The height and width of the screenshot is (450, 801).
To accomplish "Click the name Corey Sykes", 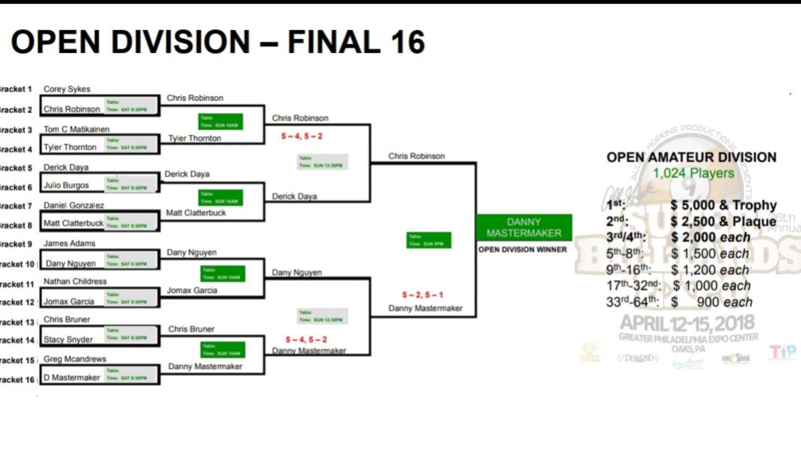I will [x=67, y=89].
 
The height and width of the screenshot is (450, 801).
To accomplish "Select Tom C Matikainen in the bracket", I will [x=75, y=128].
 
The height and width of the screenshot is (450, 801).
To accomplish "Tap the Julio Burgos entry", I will [x=67, y=185].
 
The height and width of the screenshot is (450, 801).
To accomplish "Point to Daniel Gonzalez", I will [x=74, y=204].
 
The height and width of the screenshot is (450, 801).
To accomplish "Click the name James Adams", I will [x=69, y=243].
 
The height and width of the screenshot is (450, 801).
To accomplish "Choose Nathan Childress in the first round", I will [x=75, y=281].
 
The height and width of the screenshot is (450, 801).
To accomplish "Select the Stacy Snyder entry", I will [x=68, y=340].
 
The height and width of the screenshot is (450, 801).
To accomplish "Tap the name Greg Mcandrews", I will [x=75, y=359].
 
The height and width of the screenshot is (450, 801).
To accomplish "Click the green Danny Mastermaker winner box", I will [x=524, y=228].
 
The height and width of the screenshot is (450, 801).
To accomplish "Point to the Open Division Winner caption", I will [x=524, y=249].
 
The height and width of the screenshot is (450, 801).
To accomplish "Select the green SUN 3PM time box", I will [x=429, y=240].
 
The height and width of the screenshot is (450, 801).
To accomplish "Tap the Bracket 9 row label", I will [x=16, y=244].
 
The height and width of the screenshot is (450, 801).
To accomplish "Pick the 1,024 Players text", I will [x=693, y=173].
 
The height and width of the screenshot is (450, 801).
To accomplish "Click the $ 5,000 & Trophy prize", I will [x=723, y=205].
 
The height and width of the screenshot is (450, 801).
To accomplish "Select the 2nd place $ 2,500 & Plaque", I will [x=723, y=222].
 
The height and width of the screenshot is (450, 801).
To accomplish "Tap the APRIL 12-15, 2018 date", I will [x=687, y=323].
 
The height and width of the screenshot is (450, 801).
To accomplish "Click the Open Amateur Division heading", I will [x=691, y=157].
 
